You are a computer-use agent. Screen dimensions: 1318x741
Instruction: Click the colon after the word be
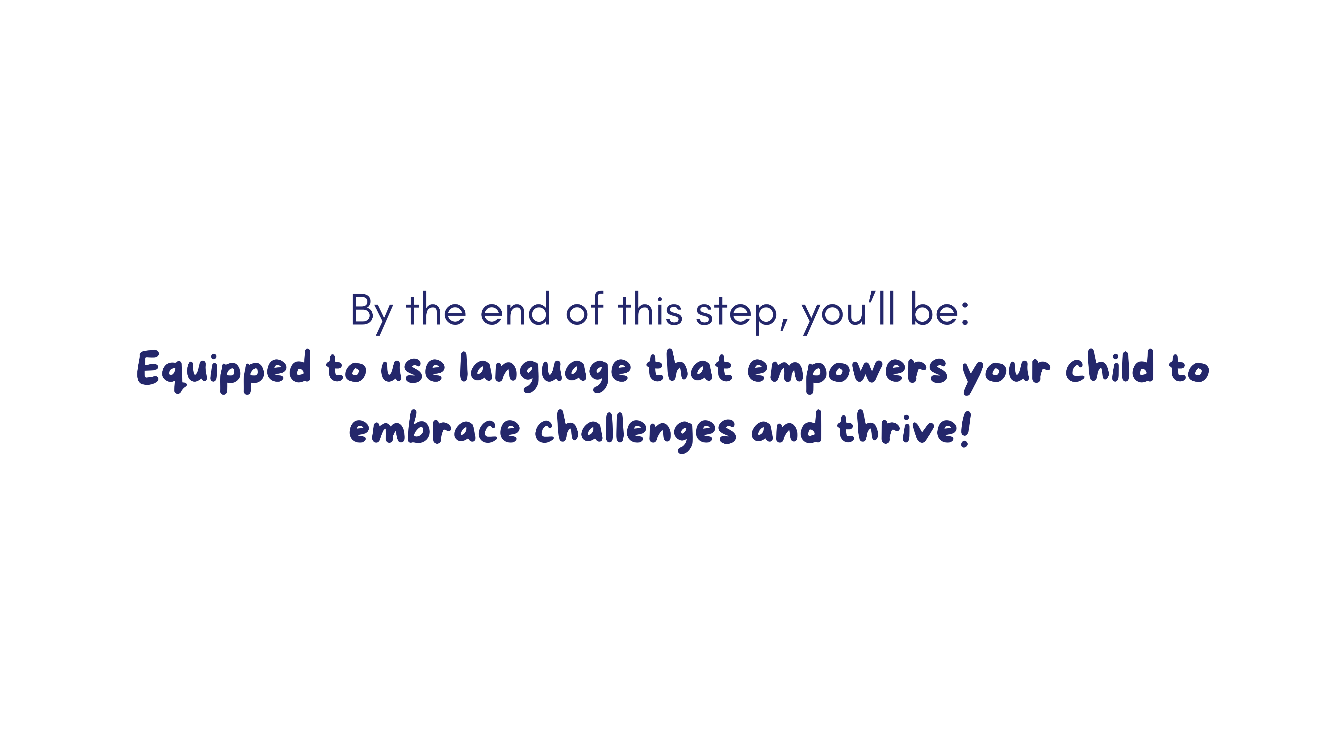click(x=965, y=313)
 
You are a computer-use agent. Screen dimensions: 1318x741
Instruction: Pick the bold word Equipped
click(x=224, y=371)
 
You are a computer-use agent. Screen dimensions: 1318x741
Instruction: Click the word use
click(x=412, y=370)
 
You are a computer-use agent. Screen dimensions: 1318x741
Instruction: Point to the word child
click(x=1110, y=366)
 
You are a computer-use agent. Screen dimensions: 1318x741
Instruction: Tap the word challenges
click(x=635, y=431)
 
